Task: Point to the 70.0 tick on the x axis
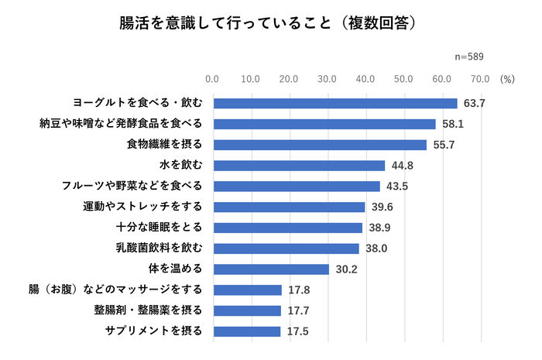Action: coord(480,79)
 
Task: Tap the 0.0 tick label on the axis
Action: coord(213,79)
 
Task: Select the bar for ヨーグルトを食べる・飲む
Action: coord(334,103)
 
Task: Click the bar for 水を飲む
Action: coord(299,165)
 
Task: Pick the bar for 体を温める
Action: coord(271,269)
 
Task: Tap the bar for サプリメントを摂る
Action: coord(246,331)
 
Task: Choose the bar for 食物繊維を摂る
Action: coord(320,145)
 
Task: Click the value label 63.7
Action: coord(474,103)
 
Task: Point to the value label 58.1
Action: coord(452,124)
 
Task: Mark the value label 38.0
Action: coord(376,249)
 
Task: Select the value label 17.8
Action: coord(298,290)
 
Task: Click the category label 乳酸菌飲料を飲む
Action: coord(159,249)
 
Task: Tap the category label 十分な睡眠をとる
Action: coord(159,228)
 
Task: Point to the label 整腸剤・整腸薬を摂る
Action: coord(148,310)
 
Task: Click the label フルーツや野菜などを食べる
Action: coord(132,186)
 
